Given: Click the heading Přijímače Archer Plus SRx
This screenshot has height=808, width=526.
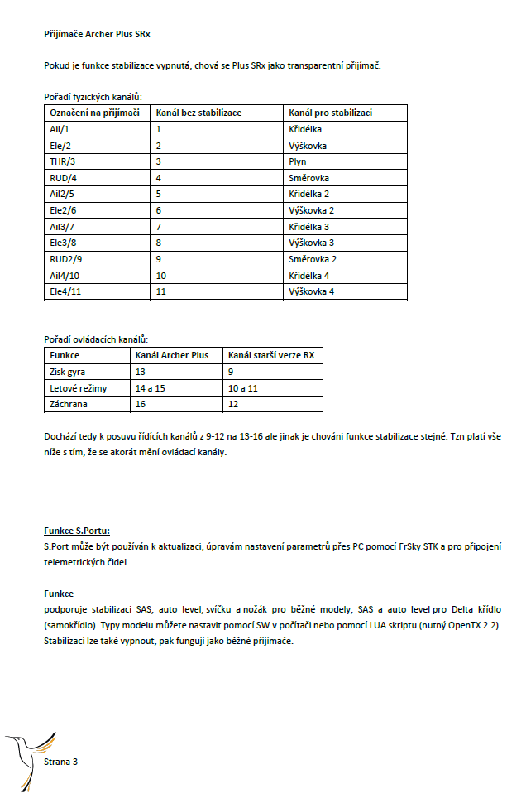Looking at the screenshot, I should coord(98,36).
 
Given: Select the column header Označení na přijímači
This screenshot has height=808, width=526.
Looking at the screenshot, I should coord(94,113).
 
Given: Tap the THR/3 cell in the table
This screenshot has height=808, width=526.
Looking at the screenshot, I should coord(63,161).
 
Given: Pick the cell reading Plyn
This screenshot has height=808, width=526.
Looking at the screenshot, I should coord(298,161).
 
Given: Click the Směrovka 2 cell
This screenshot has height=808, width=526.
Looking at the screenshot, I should coord(312,258).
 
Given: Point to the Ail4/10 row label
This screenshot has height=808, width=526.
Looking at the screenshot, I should coord(65,275).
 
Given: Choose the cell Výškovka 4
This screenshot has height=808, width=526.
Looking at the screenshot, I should coord(312,291).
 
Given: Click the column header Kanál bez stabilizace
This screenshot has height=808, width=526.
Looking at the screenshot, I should coord(199,113).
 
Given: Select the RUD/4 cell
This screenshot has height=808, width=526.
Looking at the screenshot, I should coord(64,177).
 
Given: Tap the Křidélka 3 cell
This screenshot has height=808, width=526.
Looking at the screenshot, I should coord(311,226).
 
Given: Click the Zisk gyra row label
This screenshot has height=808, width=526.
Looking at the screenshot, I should coord(69,372).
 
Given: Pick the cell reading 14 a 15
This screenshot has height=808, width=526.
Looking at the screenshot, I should coord(150,387).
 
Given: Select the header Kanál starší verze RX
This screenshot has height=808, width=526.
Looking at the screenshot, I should coord(271,355).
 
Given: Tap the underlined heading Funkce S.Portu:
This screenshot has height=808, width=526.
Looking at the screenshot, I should coord(77,530).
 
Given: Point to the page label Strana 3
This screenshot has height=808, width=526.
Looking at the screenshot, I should coord(60,762).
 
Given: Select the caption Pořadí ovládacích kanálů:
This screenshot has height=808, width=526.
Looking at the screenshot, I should coord(96,339).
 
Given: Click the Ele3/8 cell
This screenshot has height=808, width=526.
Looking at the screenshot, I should coord(65,243).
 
